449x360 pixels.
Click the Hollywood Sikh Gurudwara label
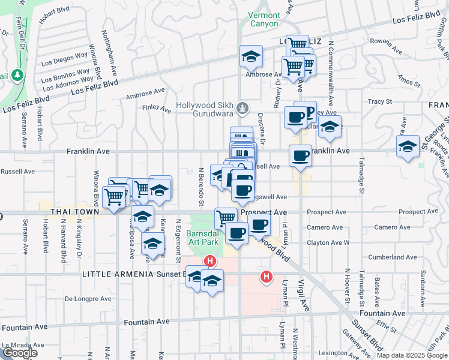click(205, 106)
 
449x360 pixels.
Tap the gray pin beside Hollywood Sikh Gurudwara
click(243, 109)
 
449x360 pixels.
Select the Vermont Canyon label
click(264, 19)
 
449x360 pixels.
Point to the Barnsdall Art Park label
click(204, 237)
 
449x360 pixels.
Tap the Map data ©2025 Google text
click(412, 355)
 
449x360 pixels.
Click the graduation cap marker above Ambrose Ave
click(252, 58)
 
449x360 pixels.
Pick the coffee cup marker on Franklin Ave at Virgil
click(300, 157)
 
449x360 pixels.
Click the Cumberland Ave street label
click(393, 257)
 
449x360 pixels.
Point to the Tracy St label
click(379, 101)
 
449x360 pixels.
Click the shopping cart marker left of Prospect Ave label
click(226, 218)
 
